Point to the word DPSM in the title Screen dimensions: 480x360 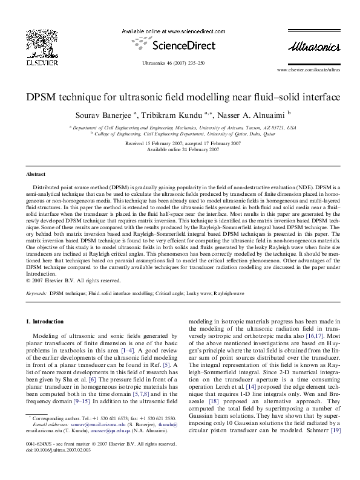pyautogui.click(x=42, y=97)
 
